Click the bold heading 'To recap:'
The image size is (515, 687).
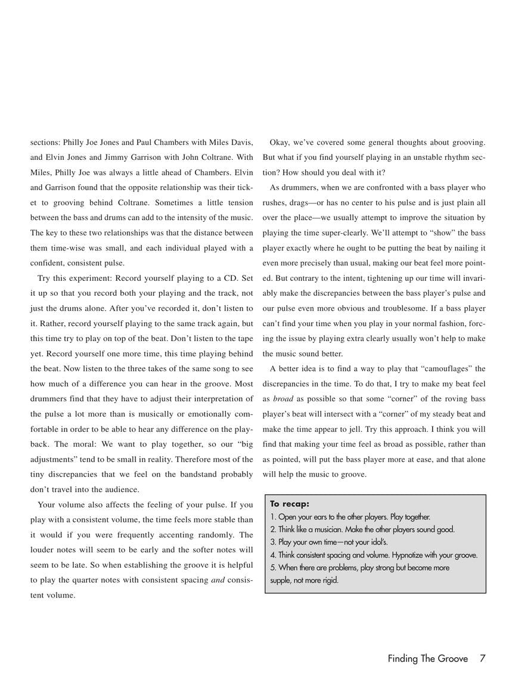click(x=290, y=504)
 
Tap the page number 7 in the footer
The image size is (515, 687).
click(x=482, y=658)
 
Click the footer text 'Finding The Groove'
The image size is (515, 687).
click(x=427, y=658)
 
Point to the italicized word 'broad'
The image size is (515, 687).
click(x=283, y=399)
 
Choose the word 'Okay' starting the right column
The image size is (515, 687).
click(x=281, y=143)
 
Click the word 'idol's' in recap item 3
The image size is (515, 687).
click(x=376, y=542)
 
